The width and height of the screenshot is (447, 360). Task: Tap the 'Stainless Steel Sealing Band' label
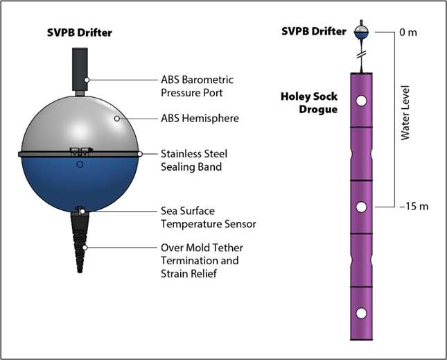click(x=193, y=160)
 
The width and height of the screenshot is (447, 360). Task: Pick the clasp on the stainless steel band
click(x=79, y=151)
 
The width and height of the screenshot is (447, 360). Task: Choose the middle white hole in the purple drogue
click(x=362, y=207)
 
